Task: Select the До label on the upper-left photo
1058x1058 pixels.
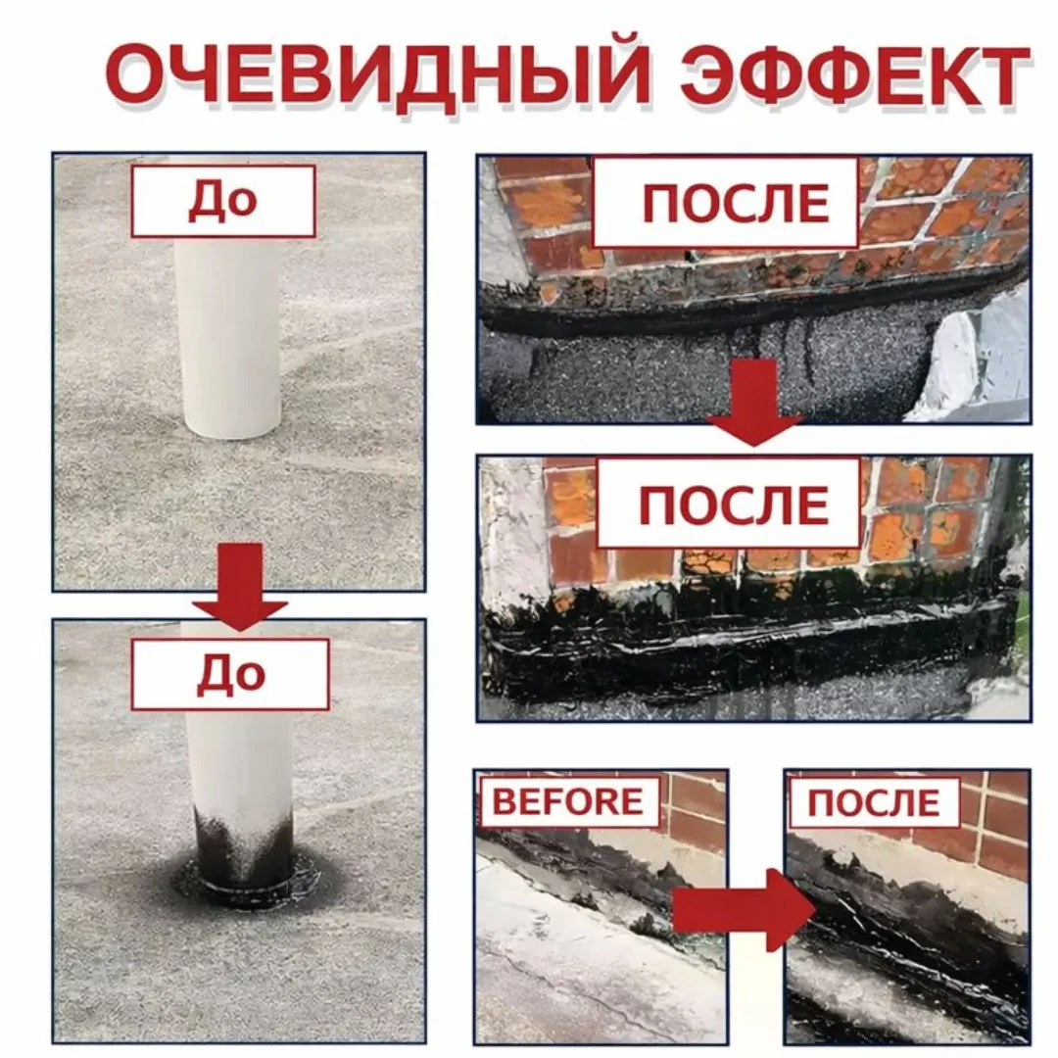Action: (223, 200)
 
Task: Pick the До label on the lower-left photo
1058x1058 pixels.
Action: (230, 674)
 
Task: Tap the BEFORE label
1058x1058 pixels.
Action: (568, 801)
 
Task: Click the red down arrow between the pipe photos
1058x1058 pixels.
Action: (240, 588)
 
